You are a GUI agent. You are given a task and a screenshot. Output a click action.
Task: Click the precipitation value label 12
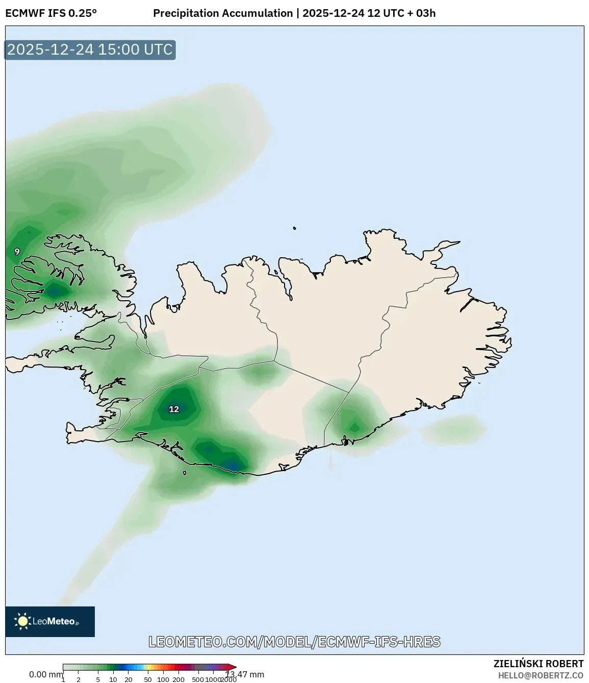click(174, 409)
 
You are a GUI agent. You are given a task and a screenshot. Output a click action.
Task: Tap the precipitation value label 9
click(17, 252)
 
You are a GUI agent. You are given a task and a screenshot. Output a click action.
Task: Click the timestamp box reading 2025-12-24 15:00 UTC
click(90, 50)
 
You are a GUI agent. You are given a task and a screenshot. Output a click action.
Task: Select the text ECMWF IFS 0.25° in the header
click(51, 13)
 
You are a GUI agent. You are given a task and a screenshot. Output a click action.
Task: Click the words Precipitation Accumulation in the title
click(223, 13)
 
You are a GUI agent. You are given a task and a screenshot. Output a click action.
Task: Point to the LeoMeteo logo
click(50, 621)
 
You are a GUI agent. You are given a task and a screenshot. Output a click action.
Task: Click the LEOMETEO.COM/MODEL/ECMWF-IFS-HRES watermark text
click(294, 642)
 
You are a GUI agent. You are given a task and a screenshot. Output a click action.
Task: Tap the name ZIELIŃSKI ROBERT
click(538, 664)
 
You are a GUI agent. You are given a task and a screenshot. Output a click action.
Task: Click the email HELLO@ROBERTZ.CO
click(541, 675)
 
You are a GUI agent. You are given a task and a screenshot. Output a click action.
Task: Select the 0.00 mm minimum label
click(45, 674)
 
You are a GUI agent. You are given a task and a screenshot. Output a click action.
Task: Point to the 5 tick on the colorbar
click(98, 679)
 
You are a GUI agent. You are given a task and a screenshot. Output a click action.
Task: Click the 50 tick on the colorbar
click(148, 679)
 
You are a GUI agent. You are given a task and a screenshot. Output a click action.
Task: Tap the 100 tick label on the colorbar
click(163, 679)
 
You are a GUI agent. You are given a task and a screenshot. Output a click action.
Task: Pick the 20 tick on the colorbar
click(129, 679)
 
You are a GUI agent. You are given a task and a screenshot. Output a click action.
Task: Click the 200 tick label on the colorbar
click(178, 679)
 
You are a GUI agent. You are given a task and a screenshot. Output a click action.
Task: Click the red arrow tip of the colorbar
click(234, 667)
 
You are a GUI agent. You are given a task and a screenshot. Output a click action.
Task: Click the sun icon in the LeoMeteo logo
click(22, 621)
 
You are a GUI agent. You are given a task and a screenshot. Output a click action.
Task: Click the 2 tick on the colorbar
click(79, 679)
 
